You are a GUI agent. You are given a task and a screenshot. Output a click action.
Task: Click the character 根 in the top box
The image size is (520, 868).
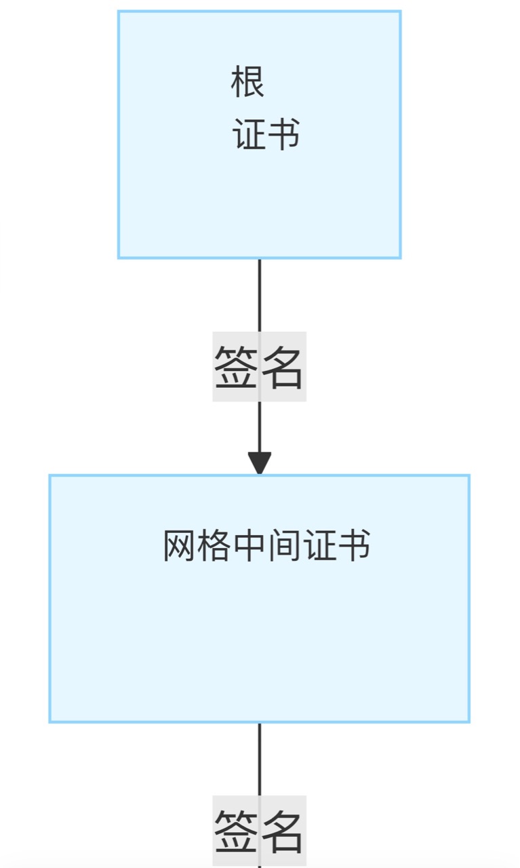(x=247, y=83)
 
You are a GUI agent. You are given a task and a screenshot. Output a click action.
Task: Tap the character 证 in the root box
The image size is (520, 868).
(x=249, y=135)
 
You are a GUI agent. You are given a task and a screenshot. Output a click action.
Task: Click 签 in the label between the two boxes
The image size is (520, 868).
(x=235, y=367)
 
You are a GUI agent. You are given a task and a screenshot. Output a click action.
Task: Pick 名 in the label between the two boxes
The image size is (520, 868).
(x=282, y=367)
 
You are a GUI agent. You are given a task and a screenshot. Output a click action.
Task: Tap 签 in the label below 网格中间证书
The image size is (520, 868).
(x=235, y=831)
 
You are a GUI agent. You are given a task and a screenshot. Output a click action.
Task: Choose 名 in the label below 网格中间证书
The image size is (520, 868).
(x=282, y=831)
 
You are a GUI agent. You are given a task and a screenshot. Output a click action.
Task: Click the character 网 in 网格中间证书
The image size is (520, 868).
(x=180, y=546)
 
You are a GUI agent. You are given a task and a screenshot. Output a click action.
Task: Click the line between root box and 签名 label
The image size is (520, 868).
(x=260, y=295)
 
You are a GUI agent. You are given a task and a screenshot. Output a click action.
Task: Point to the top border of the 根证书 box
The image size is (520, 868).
(x=260, y=12)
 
